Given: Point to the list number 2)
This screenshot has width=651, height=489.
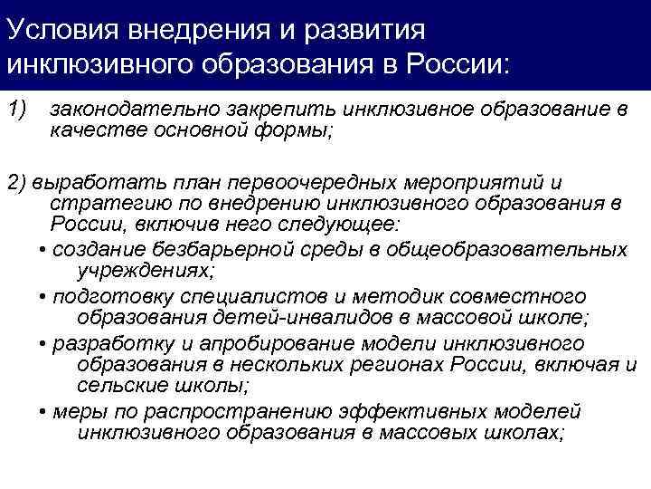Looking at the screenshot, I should [x=18, y=180].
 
